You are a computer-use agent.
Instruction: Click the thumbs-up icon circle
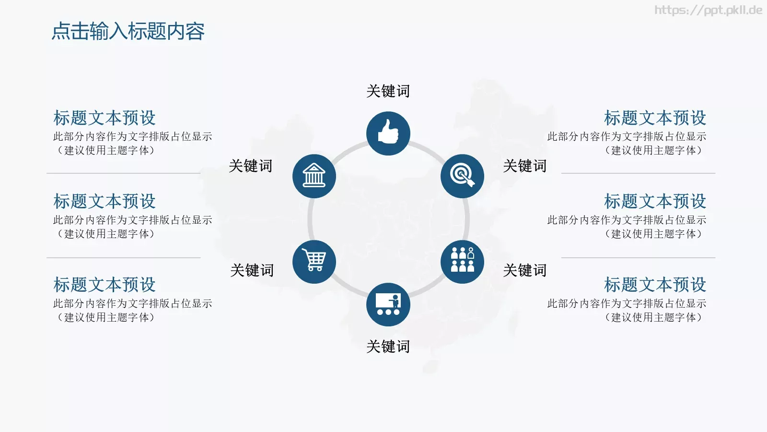(388, 133)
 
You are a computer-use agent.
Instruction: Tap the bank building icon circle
(314, 176)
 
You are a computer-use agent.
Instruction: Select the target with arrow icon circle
(462, 176)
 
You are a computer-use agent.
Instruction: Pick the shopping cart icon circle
(314, 262)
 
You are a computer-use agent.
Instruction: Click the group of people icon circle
(462, 262)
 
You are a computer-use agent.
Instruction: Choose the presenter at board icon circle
(388, 304)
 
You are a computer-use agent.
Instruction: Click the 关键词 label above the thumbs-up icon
(388, 91)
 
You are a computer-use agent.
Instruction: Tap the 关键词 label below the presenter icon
(388, 347)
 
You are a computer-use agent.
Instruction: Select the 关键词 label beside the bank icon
(250, 166)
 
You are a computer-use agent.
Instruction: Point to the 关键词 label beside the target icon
(524, 166)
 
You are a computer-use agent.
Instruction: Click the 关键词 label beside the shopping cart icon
(252, 271)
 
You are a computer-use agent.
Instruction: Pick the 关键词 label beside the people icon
(524, 271)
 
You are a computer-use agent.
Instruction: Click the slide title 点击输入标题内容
(128, 32)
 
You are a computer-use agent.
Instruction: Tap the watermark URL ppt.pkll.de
(708, 10)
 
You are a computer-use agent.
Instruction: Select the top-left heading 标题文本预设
(105, 118)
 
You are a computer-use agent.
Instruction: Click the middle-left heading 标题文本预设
(105, 202)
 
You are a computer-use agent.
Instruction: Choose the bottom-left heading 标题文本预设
(105, 285)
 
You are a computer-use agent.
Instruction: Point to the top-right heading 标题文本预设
(655, 118)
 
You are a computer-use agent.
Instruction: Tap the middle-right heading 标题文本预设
(655, 202)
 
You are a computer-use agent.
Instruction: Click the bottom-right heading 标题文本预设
(655, 285)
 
